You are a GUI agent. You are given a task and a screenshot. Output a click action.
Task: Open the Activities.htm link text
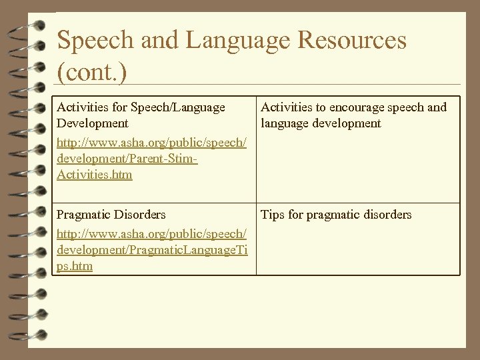95,175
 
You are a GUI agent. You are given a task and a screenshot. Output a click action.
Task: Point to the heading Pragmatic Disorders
111,215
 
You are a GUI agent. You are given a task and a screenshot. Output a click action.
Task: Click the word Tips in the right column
273,215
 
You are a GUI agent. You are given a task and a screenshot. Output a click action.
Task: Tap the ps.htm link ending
75,266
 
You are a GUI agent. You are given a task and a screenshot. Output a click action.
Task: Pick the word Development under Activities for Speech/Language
93,123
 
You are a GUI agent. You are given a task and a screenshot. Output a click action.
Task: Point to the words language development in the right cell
321,123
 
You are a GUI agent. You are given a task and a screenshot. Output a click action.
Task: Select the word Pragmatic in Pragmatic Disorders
85,215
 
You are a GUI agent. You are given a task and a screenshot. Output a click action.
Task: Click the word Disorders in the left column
141,215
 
